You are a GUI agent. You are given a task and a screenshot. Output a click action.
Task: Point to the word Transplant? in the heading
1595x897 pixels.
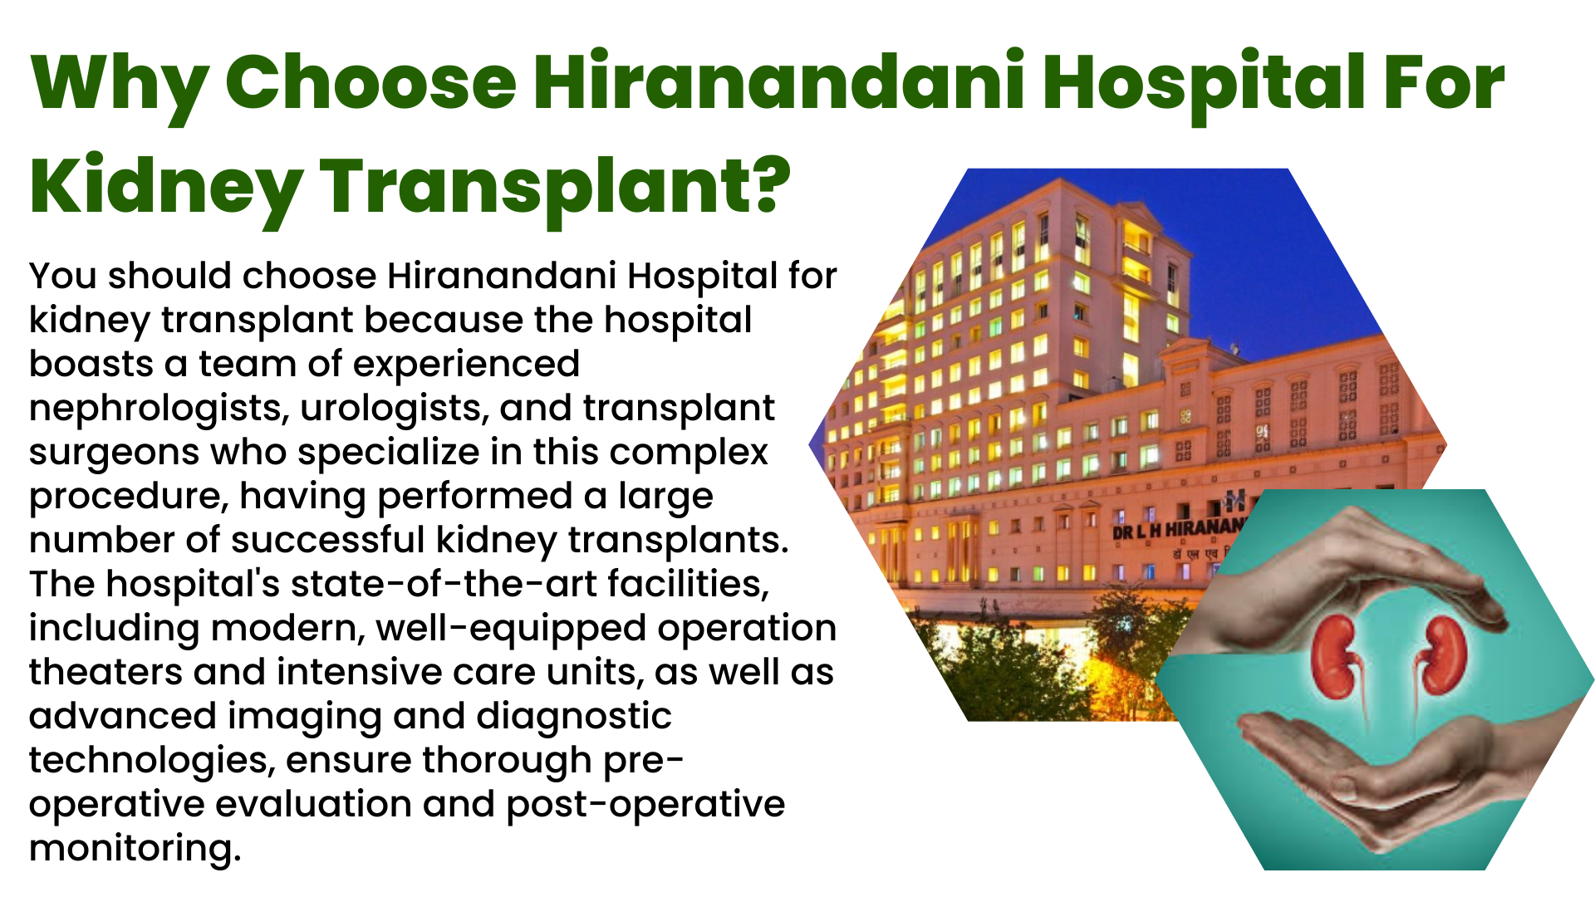(556, 188)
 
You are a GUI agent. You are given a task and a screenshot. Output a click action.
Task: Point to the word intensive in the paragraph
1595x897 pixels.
(364, 671)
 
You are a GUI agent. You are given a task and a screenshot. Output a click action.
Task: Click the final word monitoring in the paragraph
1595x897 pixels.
(135, 849)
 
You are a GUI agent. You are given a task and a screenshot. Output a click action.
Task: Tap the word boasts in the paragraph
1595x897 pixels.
(91, 364)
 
